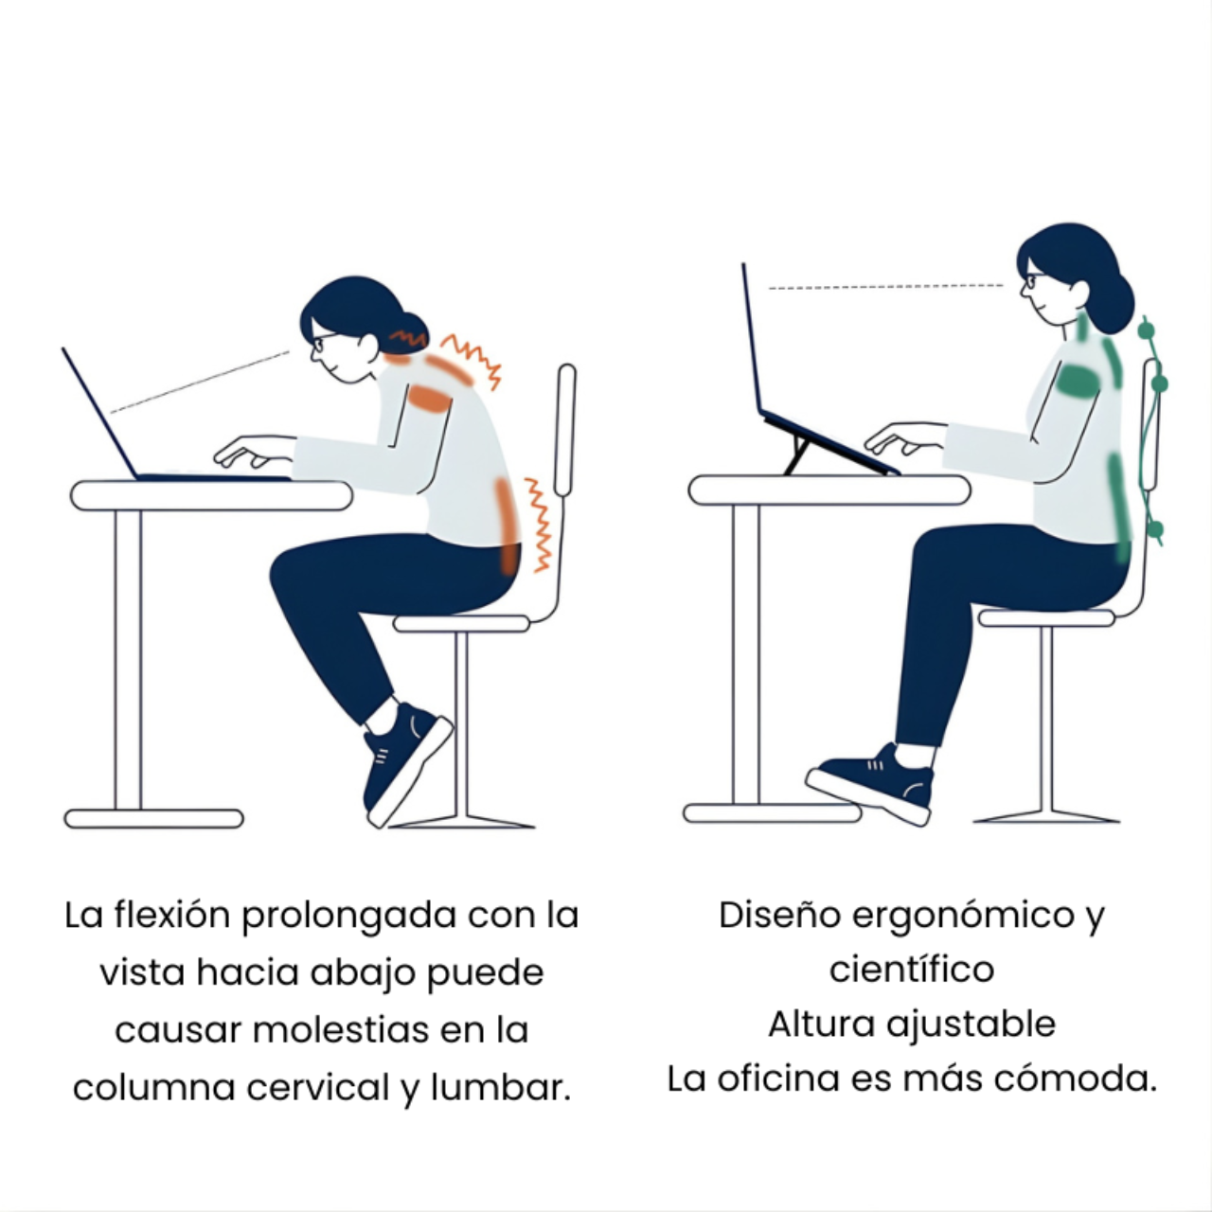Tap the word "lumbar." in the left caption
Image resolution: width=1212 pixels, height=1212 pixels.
pyautogui.click(x=501, y=1088)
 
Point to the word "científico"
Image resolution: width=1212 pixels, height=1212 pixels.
pyautogui.click(x=911, y=970)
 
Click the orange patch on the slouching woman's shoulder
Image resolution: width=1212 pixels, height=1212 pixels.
pyautogui.click(x=429, y=398)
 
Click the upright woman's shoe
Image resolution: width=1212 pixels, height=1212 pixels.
pyautogui.click(x=870, y=782)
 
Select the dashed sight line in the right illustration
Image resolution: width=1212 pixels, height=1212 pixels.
pyautogui.click(x=885, y=287)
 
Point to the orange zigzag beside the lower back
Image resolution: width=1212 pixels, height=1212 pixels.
pyautogui.click(x=539, y=526)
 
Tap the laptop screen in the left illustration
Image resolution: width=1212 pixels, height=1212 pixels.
pyautogui.click(x=99, y=413)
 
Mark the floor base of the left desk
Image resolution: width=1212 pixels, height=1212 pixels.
pyautogui.click(x=153, y=818)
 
